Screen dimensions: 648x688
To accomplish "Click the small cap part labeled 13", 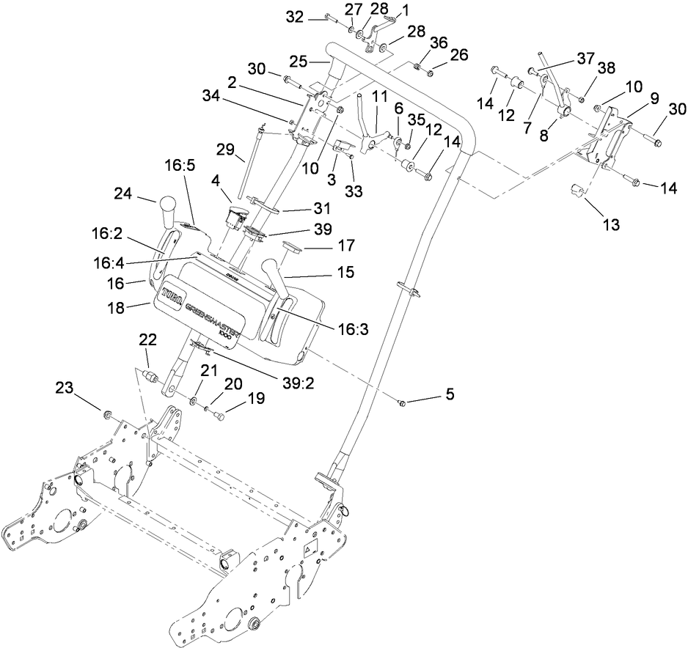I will (x=576, y=192).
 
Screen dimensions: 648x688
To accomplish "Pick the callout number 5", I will (x=450, y=394).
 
